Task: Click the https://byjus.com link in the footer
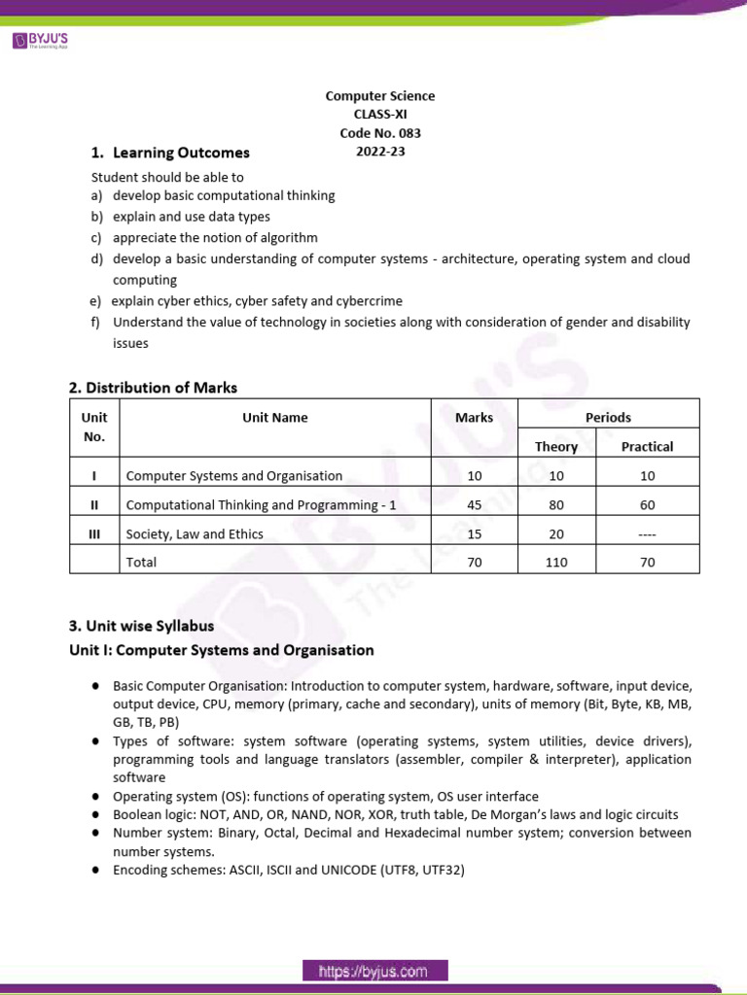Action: click(374, 971)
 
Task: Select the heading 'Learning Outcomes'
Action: click(181, 153)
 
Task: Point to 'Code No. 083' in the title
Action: click(380, 133)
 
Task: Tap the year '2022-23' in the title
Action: click(380, 152)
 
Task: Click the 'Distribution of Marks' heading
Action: click(153, 388)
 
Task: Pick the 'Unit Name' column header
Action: click(275, 418)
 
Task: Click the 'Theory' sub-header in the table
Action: click(556, 447)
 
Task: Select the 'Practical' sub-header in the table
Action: click(647, 447)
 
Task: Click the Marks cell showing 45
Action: click(474, 505)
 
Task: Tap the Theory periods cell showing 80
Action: click(556, 505)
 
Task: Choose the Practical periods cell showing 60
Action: click(648, 505)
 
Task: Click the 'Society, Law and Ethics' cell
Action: click(195, 534)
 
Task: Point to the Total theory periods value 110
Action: click(556, 563)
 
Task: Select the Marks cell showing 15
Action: click(474, 534)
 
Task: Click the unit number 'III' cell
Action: click(94, 534)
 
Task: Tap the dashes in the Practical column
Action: click(648, 534)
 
